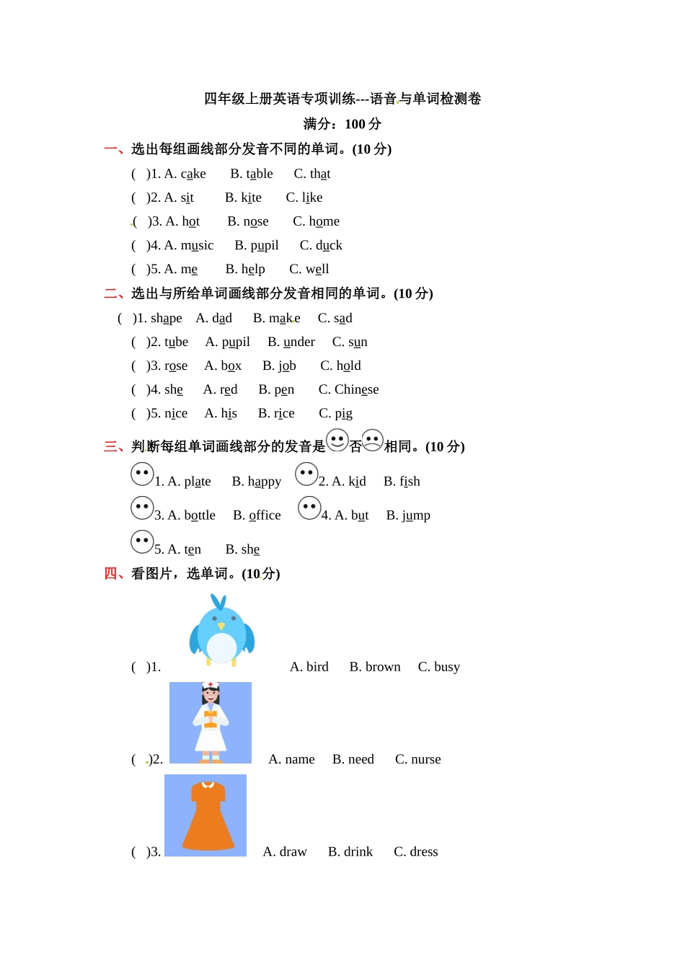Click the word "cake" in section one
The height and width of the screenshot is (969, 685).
pyautogui.click(x=193, y=174)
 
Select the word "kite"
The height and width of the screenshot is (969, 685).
pyautogui.click(x=251, y=198)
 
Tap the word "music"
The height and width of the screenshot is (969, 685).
pyautogui.click(x=197, y=245)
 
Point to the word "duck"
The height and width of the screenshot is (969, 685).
pyautogui.click(x=329, y=245)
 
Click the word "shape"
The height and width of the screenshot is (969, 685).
pyautogui.click(x=166, y=318)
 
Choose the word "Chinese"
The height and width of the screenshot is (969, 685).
pyautogui.click(x=356, y=389)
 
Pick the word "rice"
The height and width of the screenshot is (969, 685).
pyautogui.click(x=284, y=413)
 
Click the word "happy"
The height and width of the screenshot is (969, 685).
pyautogui.click(x=265, y=481)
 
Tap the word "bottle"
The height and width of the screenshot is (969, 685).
pyautogui.click(x=200, y=515)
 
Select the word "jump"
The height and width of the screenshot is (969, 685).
pyautogui.click(x=416, y=515)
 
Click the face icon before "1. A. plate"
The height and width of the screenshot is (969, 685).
pyautogui.click(x=142, y=474)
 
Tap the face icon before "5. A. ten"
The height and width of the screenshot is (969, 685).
pyautogui.click(x=142, y=541)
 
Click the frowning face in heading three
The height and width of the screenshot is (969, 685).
pyautogui.click(x=373, y=440)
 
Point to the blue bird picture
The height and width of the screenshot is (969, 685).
pyautogui.click(x=221, y=629)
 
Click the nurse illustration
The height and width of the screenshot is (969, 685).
pyautogui.click(x=211, y=722)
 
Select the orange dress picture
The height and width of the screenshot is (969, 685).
pyautogui.click(x=206, y=815)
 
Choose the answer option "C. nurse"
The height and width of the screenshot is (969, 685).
pyautogui.click(x=417, y=759)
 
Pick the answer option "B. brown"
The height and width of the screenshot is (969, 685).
pyautogui.click(x=374, y=667)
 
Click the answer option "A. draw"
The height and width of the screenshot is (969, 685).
pyautogui.click(x=285, y=851)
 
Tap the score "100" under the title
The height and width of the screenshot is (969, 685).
pyautogui.click(x=355, y=124)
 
